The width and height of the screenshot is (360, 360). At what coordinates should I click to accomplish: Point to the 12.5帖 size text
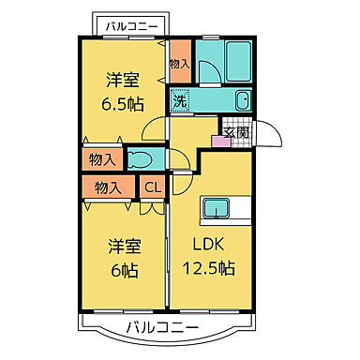[209, 268]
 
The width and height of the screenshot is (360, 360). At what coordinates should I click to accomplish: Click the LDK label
[210, 246]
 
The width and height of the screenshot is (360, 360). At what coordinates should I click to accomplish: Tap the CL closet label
[152, 187]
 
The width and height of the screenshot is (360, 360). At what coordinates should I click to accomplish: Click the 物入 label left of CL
[108, 187]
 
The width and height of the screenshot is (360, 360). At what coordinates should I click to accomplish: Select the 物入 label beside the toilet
[102, 160]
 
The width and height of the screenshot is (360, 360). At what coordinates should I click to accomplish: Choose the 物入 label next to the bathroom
[180, 64]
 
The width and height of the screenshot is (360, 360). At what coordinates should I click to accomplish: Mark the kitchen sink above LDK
[217, 208]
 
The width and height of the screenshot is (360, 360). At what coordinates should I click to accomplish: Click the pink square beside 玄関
[220, 142]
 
